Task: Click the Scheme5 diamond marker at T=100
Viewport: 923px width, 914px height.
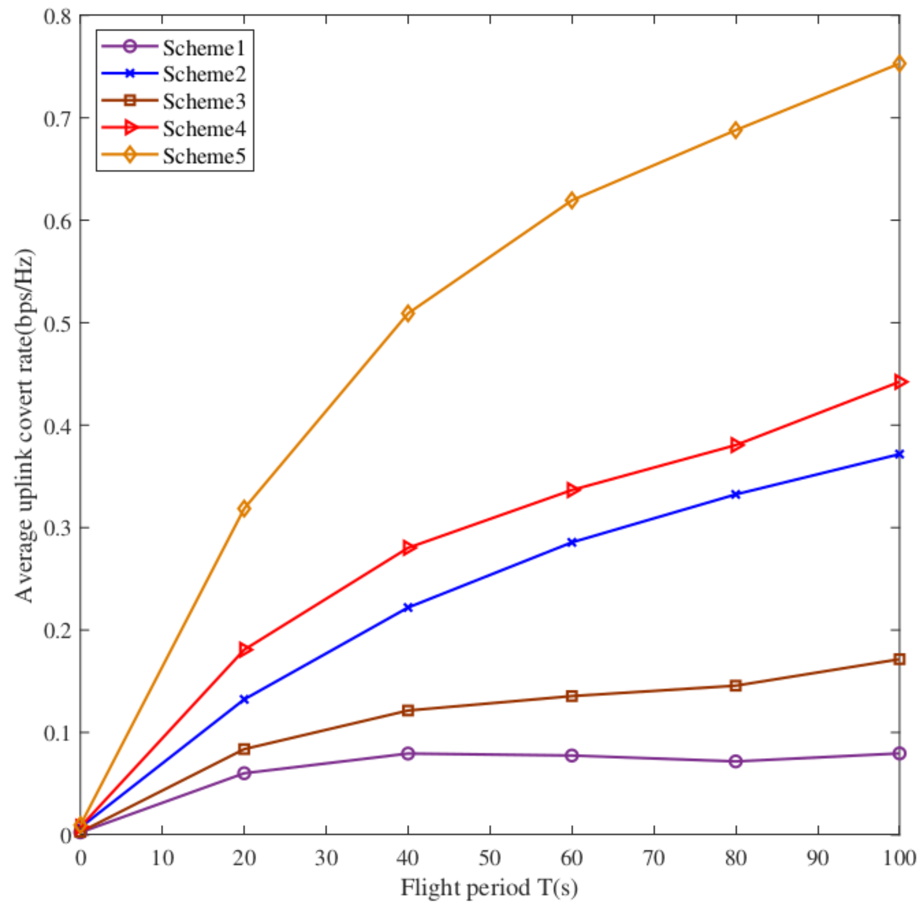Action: pyautogui.click(x=899, y=63)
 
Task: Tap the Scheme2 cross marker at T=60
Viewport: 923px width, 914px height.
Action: pyautogui.click(x=572, y=542)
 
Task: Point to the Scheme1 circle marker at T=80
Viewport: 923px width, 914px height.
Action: pyautogui.click(x=736, y=761)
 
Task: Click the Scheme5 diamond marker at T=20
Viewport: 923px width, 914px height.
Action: pyautogui.click(x=244, y=508)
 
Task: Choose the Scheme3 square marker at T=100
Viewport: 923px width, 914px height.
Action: pyautogui.click(x=899, y=659)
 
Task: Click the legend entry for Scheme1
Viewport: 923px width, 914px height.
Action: pyautogui.click(x=204, y=48)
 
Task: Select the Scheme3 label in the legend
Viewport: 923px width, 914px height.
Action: pyautogui.click(x=204, y=102)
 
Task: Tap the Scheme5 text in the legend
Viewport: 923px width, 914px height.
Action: pyautogui.click(x=204, y=156)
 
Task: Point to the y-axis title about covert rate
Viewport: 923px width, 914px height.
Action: pyautogui.click(x=25, y=425)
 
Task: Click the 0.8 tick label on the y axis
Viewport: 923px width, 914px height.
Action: pyautogui.click(x=57, y=17)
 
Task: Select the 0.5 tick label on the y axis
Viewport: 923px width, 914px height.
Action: pyautogui.click(x=57, y=324)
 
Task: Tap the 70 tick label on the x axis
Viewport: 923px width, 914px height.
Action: pyautogui.click(x=654, y=859)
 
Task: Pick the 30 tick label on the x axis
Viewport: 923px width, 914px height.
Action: pyautogui.click(x=326, y=859)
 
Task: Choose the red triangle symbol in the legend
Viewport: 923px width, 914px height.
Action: pyautogui.click(x=129, y=128)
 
